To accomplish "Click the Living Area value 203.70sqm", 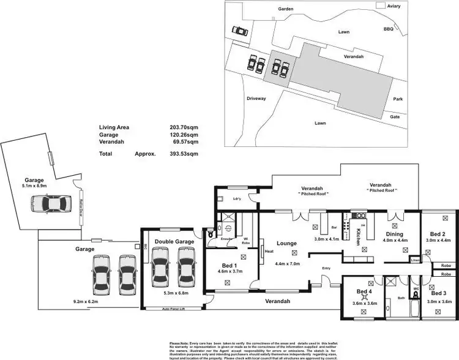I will (x=184, y=128).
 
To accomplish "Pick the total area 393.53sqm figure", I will (x=184, y=154).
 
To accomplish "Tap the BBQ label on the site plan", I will (x=388, y=29).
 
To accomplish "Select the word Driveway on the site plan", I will (x=256, y=99).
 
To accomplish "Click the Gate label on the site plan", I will (x=395, y=117).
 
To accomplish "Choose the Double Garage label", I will (x=174, y=242).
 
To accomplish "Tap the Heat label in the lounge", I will (x=269, y=250).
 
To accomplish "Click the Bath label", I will (x=402, y=298).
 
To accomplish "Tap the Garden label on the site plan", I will (x=286, y=10).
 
